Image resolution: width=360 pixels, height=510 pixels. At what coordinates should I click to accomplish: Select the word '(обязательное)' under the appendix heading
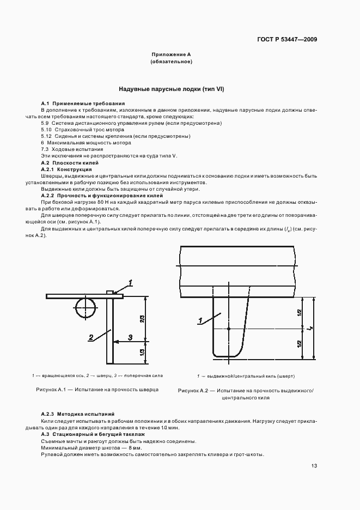[171, 62]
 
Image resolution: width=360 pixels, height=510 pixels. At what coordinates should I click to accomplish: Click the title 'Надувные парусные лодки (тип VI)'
[172, 89]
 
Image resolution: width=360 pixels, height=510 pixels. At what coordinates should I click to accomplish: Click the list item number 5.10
[46, 130]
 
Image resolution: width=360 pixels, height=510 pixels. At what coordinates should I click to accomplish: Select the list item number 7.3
[45, 149]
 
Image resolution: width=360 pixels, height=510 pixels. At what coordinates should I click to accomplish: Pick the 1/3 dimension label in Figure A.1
[142, 353]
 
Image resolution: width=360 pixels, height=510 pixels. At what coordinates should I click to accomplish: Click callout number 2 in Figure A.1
[91, 337]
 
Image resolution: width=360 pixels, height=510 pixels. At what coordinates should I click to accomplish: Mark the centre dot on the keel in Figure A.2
[229, 329]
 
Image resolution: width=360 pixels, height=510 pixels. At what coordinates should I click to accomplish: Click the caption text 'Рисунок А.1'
[51, 390]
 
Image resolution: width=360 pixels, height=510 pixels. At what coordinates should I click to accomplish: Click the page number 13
[314, 465]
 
